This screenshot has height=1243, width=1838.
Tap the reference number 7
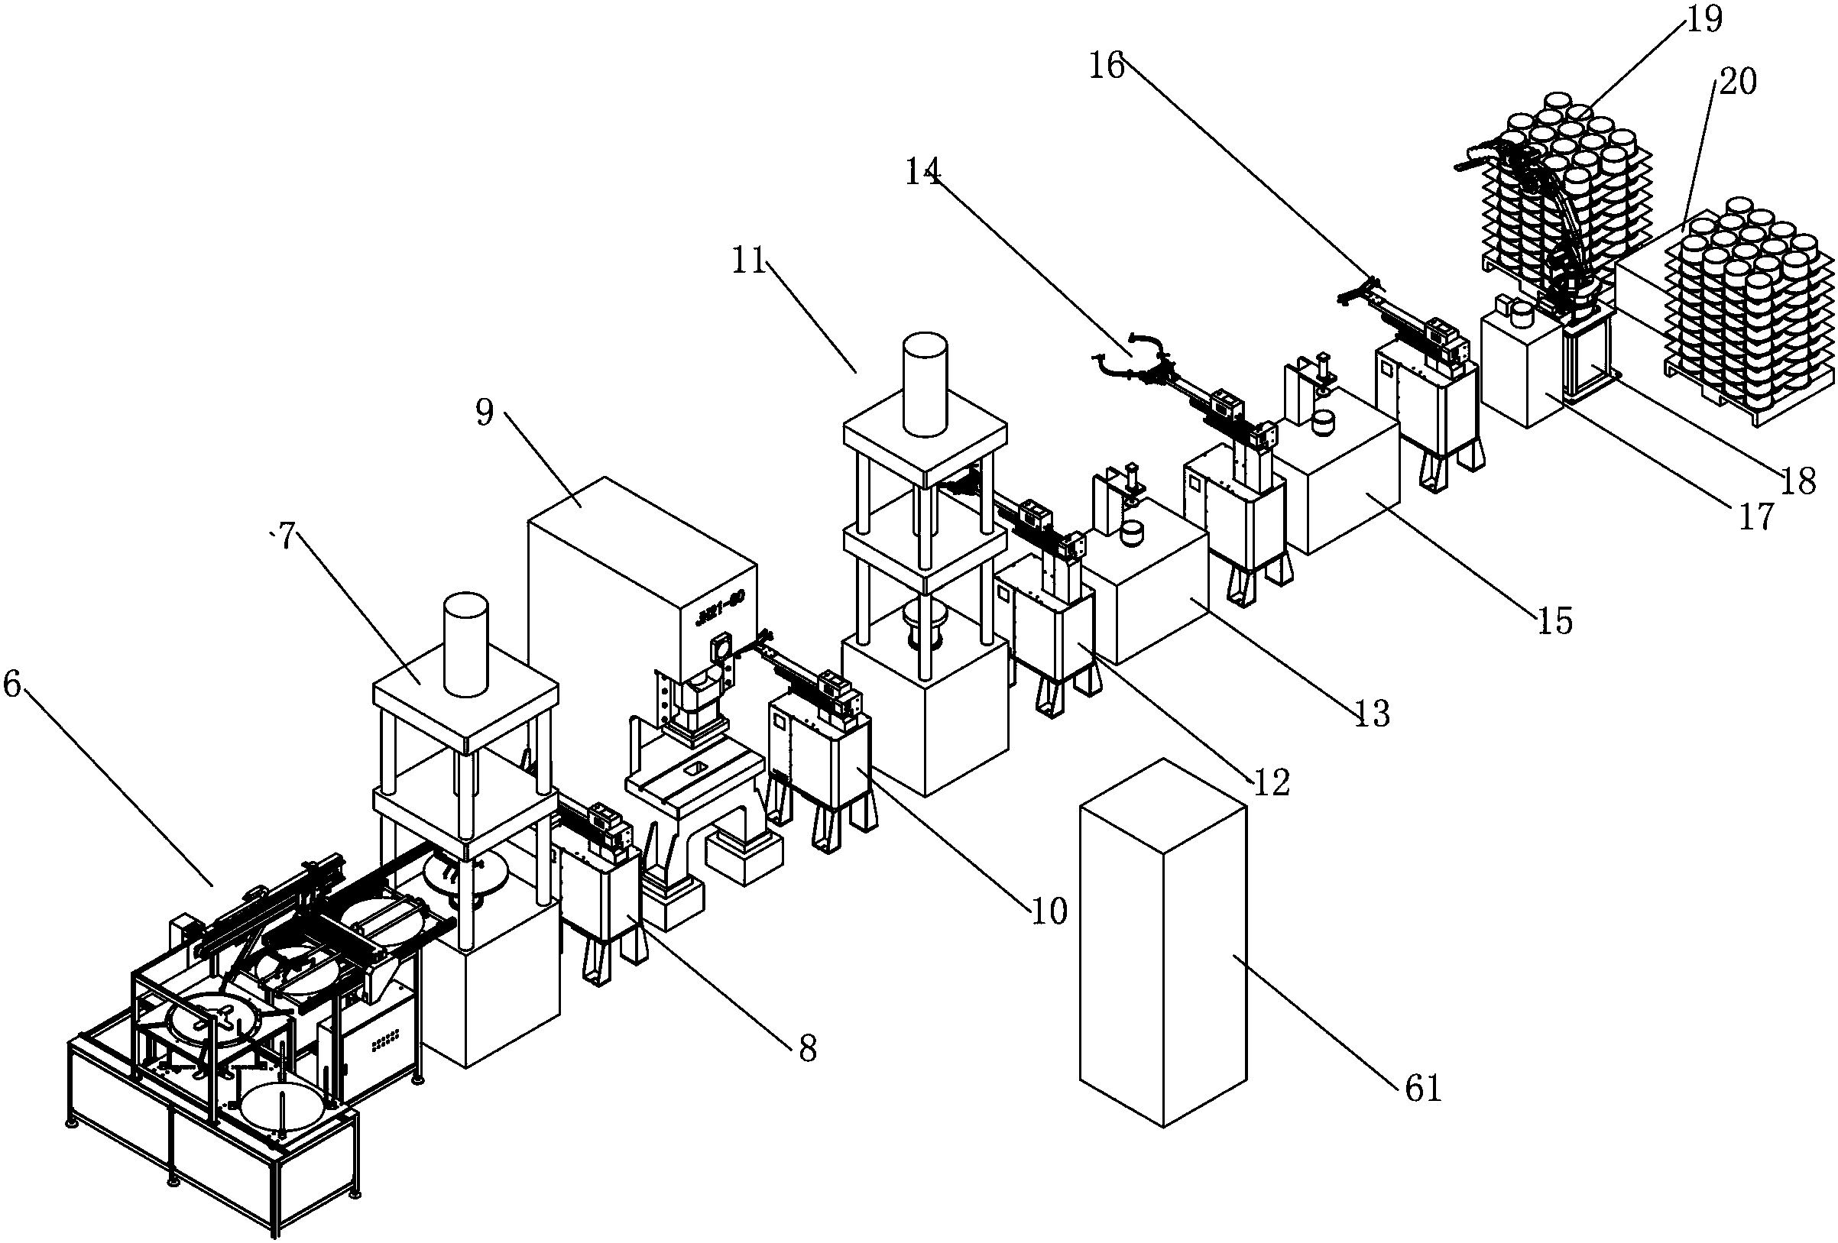(x=286, y=537)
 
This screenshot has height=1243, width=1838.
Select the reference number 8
(x=807, y=1049)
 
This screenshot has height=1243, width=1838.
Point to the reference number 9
(x=485, y=412)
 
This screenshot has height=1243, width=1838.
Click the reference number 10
(x=1049, y=911)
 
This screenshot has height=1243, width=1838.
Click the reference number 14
(x=923, y=171)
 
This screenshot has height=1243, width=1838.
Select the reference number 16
(x=1107, y=66)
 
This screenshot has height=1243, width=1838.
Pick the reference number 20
(x=1738, y=82)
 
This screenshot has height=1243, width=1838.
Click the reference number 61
(x=1424, y=1089)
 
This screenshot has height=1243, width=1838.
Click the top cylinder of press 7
(x=466, y=645)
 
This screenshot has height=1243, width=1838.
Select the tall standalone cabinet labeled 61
(x=1162, y=941)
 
